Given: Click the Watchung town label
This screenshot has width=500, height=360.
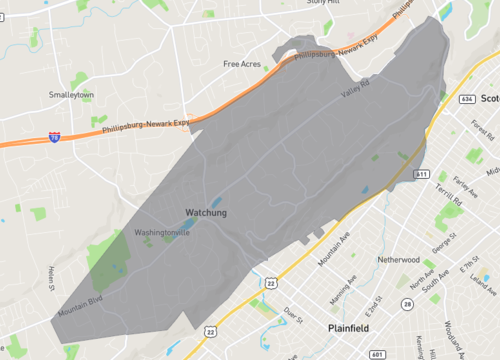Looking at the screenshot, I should (206, 212).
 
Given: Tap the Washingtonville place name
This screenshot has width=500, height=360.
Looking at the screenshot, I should (162, 232).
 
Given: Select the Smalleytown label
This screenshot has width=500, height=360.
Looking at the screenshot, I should (71, 95).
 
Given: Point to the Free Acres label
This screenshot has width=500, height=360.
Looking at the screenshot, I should (242, 64).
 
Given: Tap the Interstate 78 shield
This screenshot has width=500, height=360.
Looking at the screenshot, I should (53, 136).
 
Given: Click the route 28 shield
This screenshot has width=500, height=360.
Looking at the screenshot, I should (407, 303).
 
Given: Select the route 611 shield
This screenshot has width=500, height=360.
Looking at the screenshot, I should (421, 174).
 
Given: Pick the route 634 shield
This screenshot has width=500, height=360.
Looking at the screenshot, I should (467, 99).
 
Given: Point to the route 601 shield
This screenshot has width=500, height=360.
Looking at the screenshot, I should (375, 353).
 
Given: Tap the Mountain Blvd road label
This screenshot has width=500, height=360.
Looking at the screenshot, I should (81, 305).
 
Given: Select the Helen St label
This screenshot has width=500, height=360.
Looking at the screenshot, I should (50, 279).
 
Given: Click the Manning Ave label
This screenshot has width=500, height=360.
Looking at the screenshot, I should (342, 287).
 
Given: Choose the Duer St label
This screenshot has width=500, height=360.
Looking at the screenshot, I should (293, 313).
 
